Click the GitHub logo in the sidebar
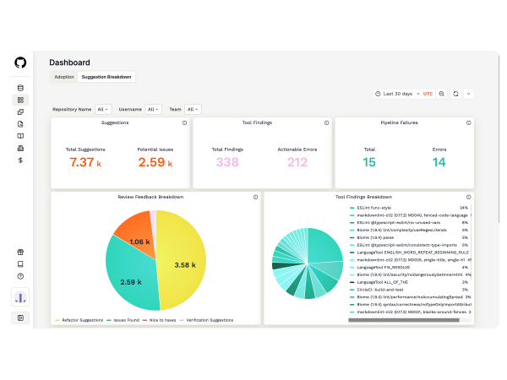[20, 62]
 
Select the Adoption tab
[64, 77]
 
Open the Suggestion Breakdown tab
[106, 77]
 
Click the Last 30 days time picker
[395, 94]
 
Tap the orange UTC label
[428, 94]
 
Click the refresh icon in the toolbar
[455, 94]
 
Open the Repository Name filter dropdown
[102, 109]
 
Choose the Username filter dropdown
[153, 109]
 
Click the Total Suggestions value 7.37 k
[85, 162]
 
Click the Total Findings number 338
[227, 162]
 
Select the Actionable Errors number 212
[297, 162]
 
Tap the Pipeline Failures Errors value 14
[439, 162]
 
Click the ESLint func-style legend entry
[374, 207]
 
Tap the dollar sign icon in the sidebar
[20, 160]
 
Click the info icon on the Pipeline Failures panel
[468, 122]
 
